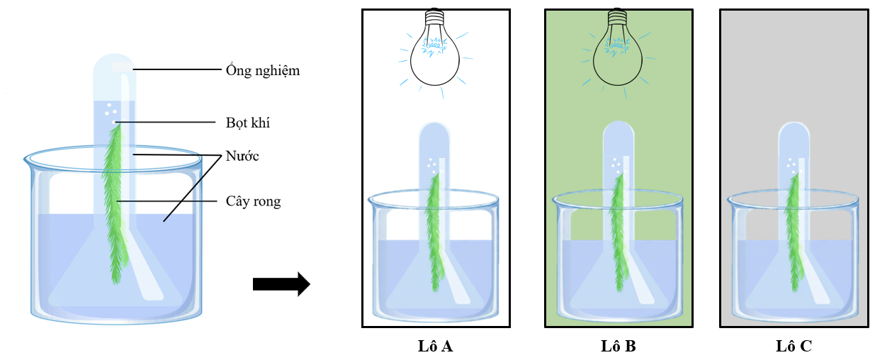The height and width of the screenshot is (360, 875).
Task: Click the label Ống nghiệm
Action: pos(263,70)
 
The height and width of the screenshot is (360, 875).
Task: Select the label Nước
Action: pos(242,156)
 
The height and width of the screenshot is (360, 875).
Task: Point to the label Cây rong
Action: pos(254,201)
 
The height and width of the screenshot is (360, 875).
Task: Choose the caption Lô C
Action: pos(794,347)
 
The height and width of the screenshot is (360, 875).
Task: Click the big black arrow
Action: pos(281,284)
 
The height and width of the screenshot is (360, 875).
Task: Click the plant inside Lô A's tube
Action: pos(434,227)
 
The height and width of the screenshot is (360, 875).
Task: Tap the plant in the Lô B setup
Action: pos(617,227)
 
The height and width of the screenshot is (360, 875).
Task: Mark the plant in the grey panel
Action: pos(794,227)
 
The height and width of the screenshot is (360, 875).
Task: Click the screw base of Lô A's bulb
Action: pos(435,16)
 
